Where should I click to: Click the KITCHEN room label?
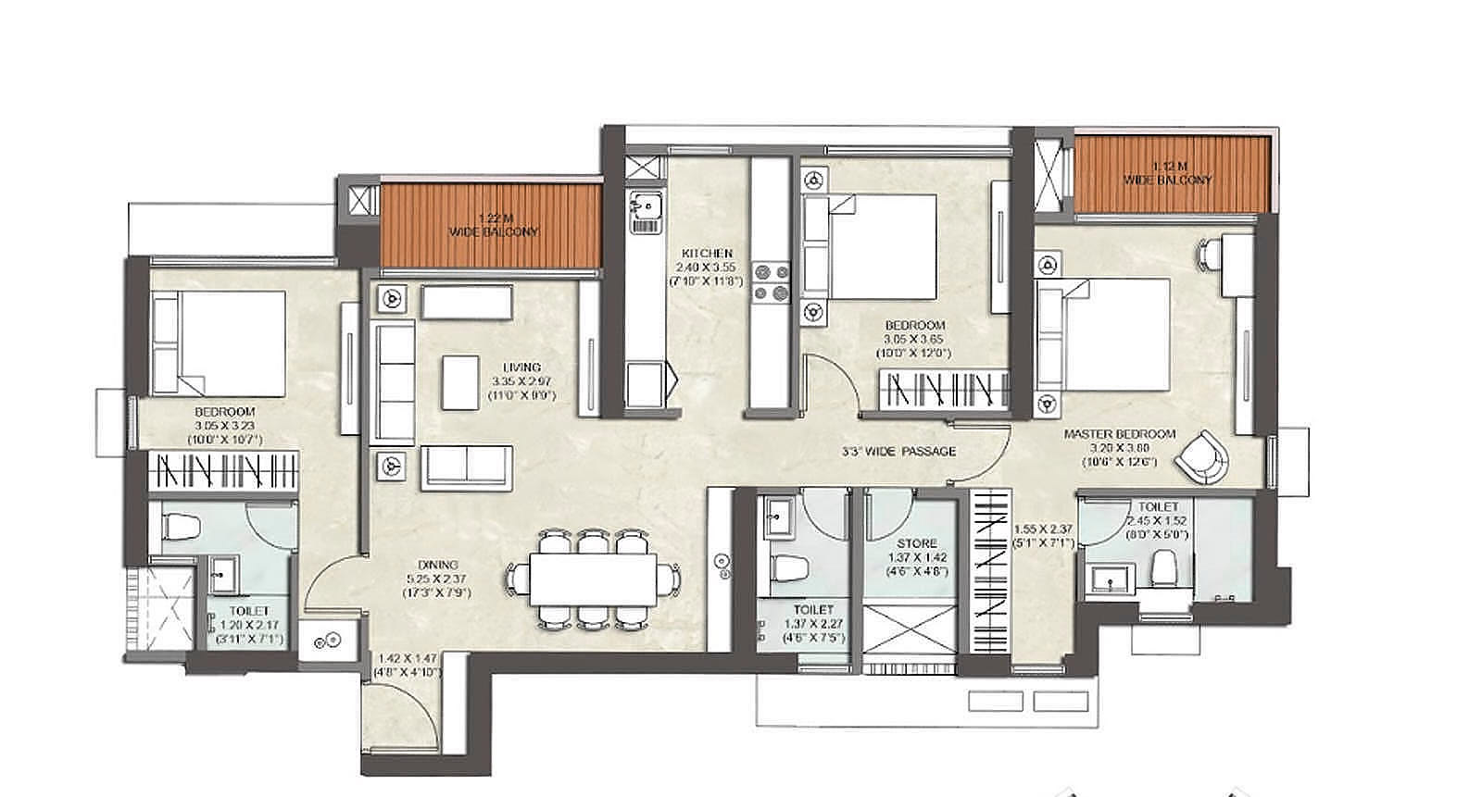click(x=708, y=253)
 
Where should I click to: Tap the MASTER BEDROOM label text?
click(x=1119, y=433)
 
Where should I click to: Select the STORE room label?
click(x=916, y=543)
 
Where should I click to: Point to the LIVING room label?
click(x=521, y=367)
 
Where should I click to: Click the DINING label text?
click(x=437, y=565)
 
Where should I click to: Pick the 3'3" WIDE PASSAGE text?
click(x=898, y=452)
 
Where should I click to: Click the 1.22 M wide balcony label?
click(x=493, y=225)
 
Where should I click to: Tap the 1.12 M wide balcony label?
click(x=1168, y=173)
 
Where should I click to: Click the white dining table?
click(x=593, y=579)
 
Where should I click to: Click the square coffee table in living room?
click(x=460, y=381)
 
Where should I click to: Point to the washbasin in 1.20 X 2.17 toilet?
click(x=222, y=574)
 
